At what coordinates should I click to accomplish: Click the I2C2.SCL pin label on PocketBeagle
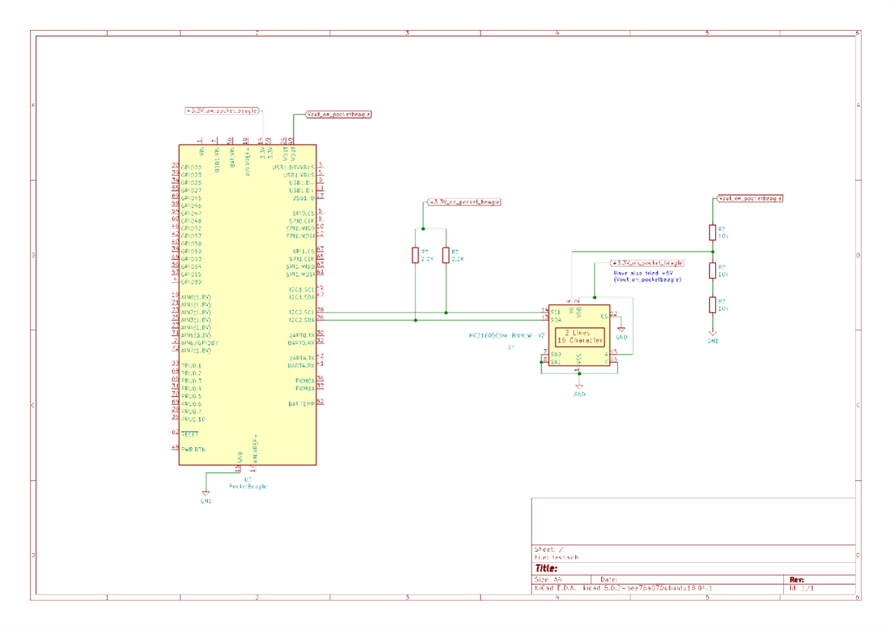(301, 312)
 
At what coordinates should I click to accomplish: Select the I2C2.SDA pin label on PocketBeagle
(301, 320)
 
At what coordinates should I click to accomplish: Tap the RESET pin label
(189, 434)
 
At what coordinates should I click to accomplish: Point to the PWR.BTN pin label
(193, 449)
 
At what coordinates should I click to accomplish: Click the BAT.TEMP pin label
(301, 404)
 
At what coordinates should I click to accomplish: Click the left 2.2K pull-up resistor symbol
(415, 255)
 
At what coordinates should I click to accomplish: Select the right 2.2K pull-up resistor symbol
(445, 255)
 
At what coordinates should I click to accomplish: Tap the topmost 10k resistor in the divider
(712, 232)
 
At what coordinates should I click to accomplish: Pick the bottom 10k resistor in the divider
(712, 305)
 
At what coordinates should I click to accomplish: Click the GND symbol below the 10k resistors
(712, 336)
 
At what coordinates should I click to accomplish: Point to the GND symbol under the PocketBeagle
(206, 496)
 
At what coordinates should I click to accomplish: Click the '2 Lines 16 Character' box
(579, 336)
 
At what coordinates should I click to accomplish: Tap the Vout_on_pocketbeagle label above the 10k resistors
(750, 198)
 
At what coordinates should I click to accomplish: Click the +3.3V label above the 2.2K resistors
(464, 202)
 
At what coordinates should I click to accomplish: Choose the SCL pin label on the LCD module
(555, 312)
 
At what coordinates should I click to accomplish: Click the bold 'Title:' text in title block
(546, 568)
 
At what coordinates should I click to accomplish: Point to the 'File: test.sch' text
(556, 557)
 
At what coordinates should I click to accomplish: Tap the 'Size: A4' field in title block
(548, 580)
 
